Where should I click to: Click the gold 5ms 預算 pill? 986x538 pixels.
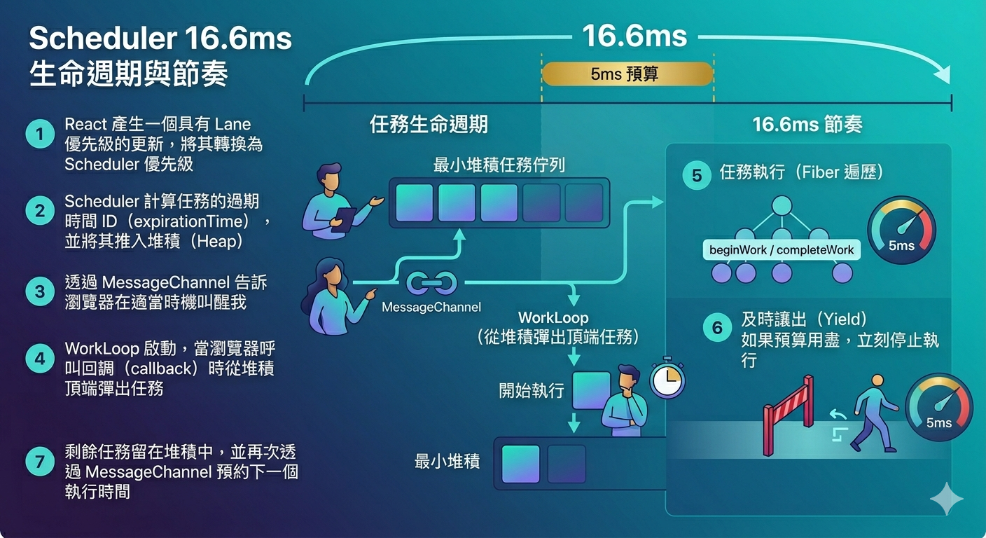(627, 74)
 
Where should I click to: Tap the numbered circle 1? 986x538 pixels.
(40, 134)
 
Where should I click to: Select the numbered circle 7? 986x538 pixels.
(40, 462)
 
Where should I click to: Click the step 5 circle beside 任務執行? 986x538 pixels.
(696, 175)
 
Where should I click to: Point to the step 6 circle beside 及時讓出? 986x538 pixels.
(717, 327)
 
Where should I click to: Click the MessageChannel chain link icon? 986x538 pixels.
(431, 283)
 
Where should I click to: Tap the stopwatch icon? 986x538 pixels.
(668, 378)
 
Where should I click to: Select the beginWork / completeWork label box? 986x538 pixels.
(782, 249)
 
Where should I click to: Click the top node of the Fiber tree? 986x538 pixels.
(782, 205)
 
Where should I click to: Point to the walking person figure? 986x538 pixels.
(874, 413)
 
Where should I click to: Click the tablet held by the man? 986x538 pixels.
(344, 219)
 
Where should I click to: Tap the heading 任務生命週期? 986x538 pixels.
(429, 124)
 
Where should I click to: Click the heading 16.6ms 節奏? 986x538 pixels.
(807, 124)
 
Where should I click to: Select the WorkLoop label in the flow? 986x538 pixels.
(553, 317)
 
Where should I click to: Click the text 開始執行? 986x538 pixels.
(532, 390)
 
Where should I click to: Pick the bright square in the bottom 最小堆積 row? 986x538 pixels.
(521, 464)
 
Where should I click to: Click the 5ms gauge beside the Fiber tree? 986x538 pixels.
(901, 230)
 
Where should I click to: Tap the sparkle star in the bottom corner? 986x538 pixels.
(946, 499)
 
